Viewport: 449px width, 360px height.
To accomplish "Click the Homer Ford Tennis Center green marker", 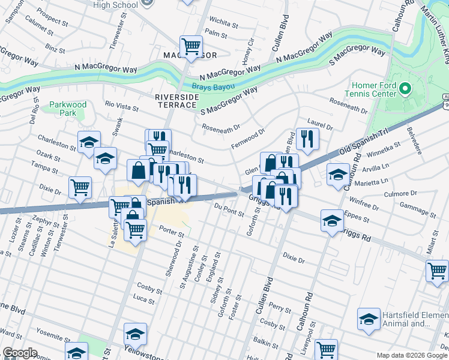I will tap(405, 90).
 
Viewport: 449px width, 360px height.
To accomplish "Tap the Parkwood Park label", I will tap(68, 109).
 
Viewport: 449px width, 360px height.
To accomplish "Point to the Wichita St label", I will tap(224, 23).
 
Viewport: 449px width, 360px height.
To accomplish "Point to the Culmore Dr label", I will tap(400, 194).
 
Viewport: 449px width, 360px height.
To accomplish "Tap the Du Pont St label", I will tap(229, 209).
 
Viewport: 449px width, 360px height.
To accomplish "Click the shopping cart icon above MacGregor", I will tap(191, 46).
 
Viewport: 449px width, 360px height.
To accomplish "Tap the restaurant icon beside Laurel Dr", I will tap(307, 139).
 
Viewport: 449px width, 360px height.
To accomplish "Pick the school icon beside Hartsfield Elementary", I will tap(368, 319).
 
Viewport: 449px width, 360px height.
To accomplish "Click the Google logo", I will tap(20, 353).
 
